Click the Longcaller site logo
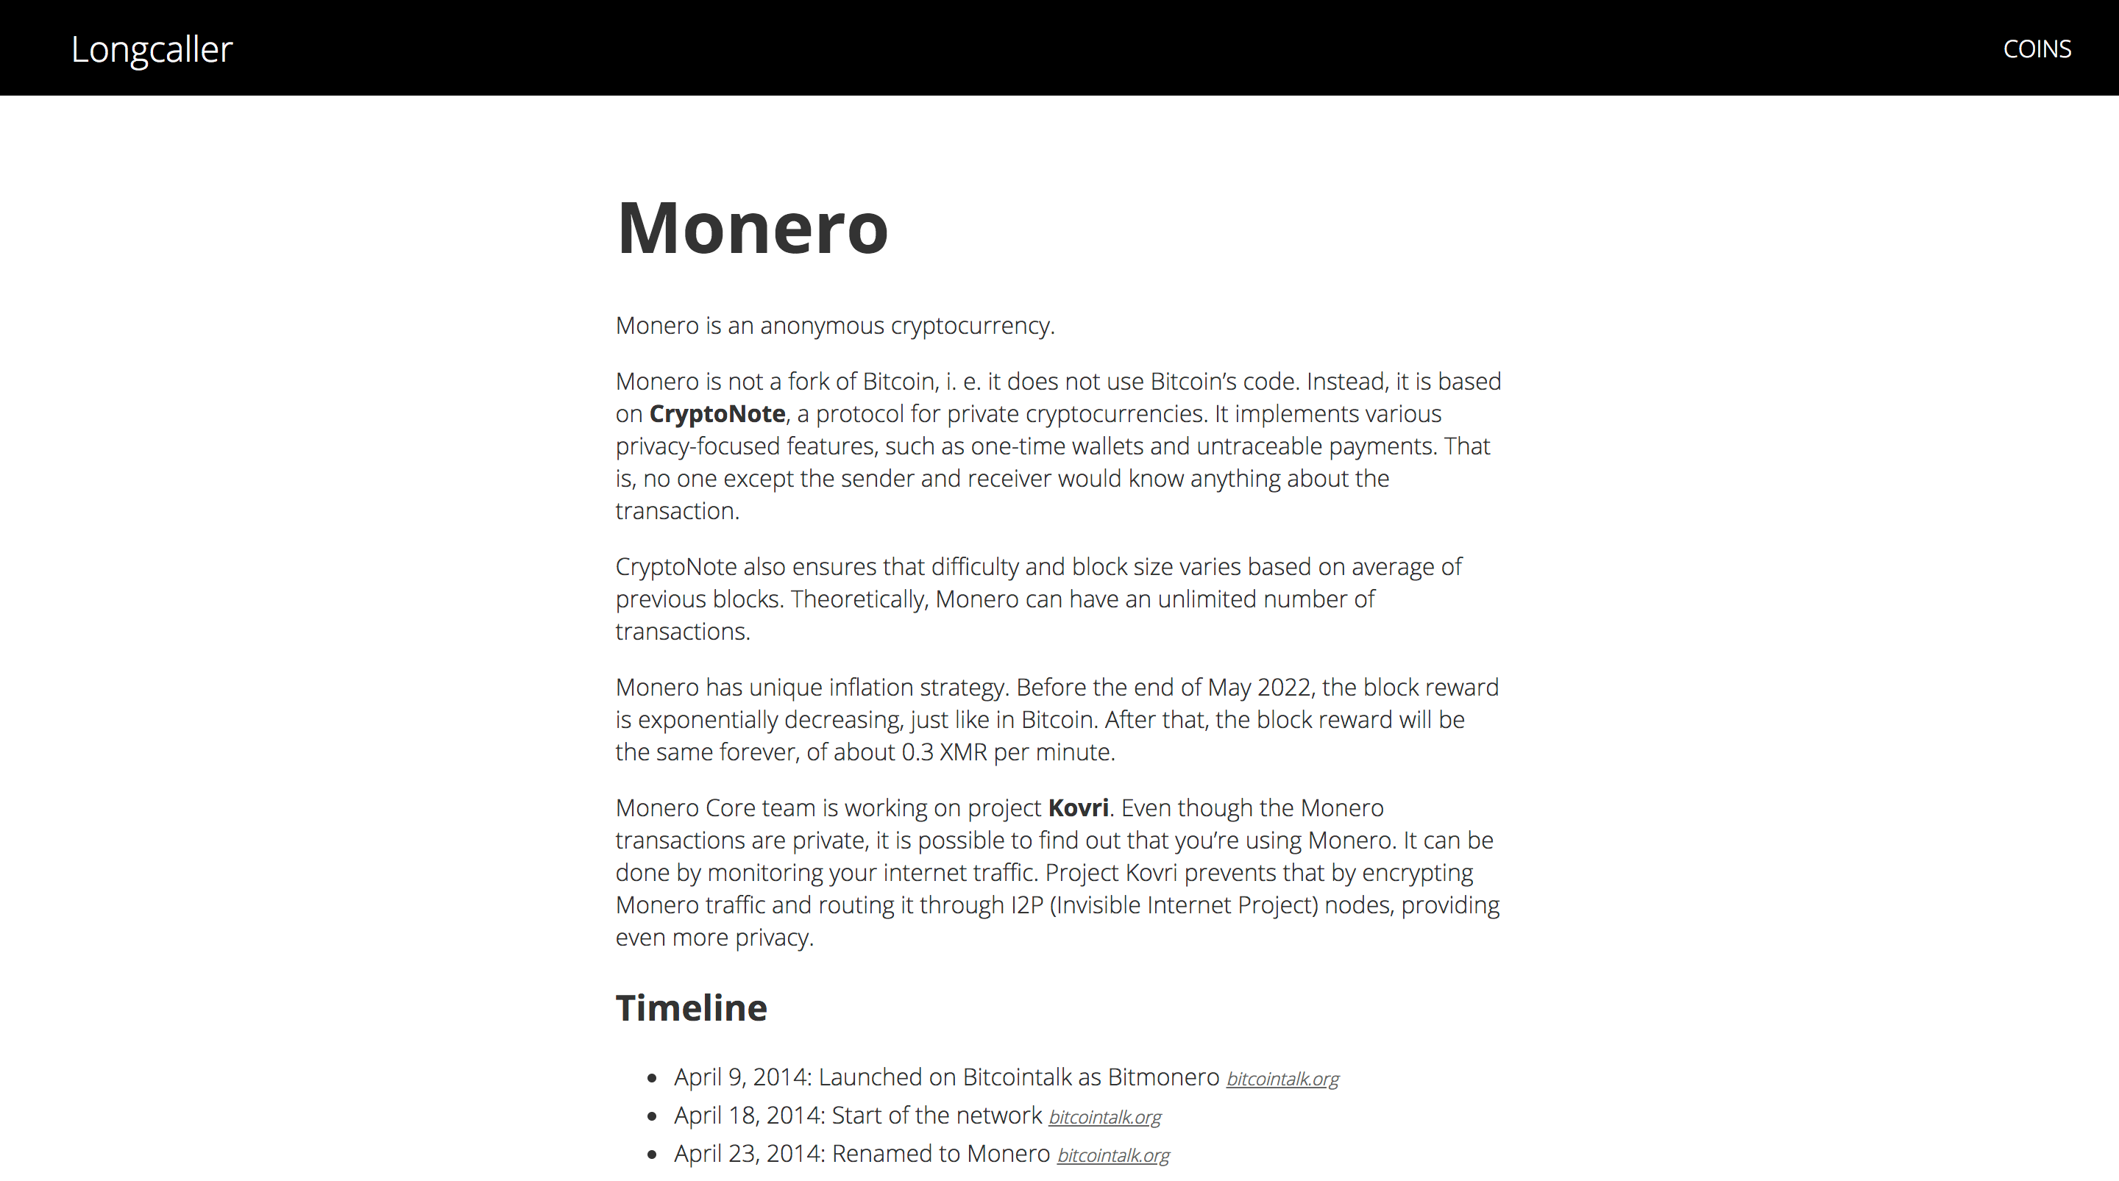[x=152, y=49]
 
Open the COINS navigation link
[x=2037, y=49]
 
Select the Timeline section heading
[x=691, y=1007]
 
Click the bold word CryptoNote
[x=717, y=414]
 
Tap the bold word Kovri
[x=1078, y=807]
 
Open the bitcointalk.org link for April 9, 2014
[x=1282, y=1078]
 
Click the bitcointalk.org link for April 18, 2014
[x=1104, y=1117]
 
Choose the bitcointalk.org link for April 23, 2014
[x=1112, y=1155]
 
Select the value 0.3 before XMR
[x=917, y=752]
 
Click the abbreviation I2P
[x=1026, y=905]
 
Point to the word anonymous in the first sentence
[x=822, y=326]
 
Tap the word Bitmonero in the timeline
[x=1163, y=1077]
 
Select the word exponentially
[x=707, y=720]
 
